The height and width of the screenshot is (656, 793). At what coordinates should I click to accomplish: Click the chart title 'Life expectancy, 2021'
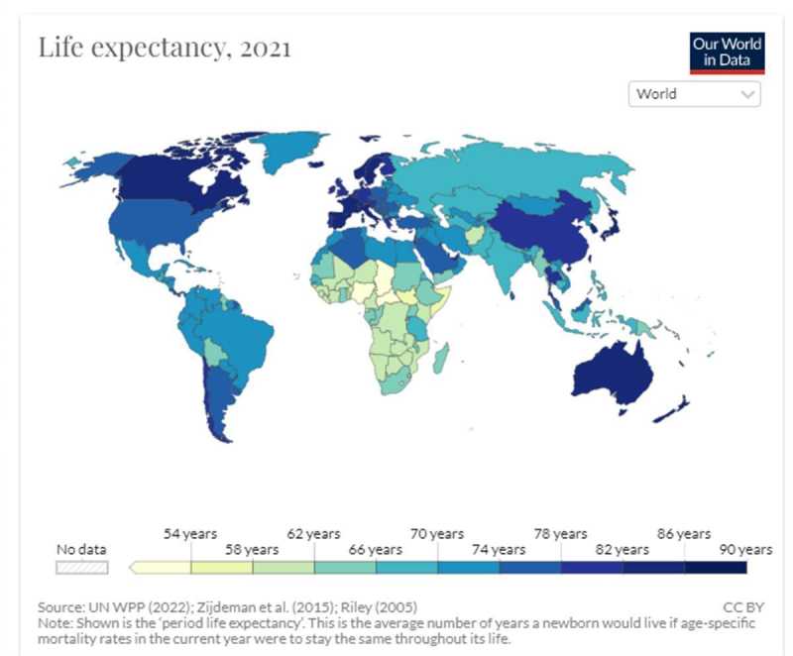point(165,48)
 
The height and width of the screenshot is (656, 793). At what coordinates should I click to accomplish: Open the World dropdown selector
point(694,94)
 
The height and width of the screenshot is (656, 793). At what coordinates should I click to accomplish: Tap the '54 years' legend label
point(190,534)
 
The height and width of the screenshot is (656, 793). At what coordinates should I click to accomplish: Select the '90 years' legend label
point(745,549)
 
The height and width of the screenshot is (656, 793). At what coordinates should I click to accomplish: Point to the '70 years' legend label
point(437,534)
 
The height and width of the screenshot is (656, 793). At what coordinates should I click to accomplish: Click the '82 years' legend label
point(623,549)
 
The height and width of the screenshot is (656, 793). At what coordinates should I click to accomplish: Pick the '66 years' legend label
point(376,549)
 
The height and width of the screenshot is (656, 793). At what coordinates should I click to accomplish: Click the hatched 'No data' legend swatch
point(82,568)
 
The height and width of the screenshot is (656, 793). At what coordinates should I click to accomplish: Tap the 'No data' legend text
point(82,549)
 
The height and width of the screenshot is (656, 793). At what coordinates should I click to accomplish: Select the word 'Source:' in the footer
point(60,606)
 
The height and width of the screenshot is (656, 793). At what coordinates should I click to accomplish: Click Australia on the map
point(620,372)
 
